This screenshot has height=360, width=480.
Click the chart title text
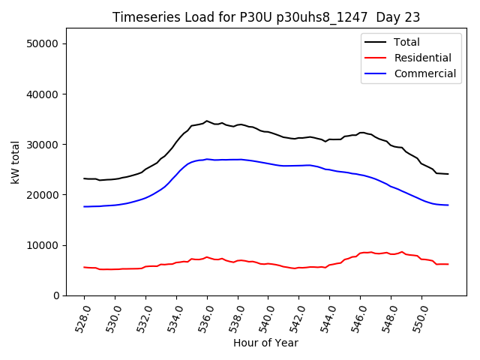(266, 17)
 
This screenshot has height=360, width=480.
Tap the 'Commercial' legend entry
(424, 73)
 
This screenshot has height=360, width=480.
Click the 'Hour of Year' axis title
(265, 343)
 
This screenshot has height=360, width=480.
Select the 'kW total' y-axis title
(16, 164)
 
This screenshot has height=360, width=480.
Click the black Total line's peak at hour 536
(207, 121)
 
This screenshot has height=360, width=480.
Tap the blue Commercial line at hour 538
(238, 159)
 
